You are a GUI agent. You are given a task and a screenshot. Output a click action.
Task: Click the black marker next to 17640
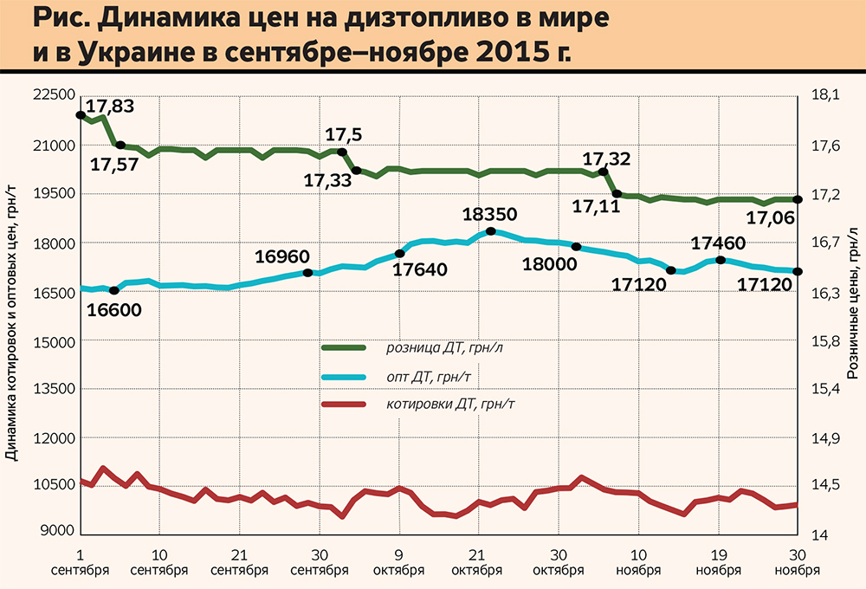[399, 253]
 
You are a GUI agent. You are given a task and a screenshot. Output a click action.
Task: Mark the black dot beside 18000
[576, 247]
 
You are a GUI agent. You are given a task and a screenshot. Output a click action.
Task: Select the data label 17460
[718, 243]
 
